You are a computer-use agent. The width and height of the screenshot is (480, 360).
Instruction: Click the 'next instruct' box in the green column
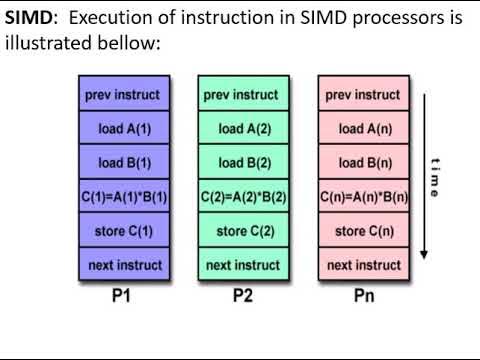pyautogui.click(x=243, y=265)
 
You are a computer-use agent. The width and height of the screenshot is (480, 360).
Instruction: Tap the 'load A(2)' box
pyautogui.click(x=243, y=129)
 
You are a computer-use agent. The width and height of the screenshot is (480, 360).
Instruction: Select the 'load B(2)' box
pyautogui.click(x=243, y=163)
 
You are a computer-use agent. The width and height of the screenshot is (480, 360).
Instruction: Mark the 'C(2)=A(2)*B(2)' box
pyautogui.click(x=243, y=197)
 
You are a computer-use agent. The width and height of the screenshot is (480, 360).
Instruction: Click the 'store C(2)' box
pyautogui.click(x=243, y=231)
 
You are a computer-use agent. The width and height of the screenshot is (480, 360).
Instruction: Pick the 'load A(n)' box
pyautogui.click(x=363, y=129)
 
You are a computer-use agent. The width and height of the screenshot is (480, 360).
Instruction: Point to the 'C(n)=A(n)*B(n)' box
pyautogui.click(x=363, y=197)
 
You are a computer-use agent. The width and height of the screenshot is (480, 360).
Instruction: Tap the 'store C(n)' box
pyautogui.click(x=363, y=231)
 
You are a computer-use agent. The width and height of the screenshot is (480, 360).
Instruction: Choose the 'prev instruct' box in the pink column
pyautogui.click(x=363, y=95)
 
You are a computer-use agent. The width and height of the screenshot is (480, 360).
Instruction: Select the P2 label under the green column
pyautogui.click(x=243, y=296)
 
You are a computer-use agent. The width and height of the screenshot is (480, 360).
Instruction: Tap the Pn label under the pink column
pyautogui.click(x=363, y=296)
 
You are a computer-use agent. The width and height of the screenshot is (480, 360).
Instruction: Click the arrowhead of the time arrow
pyautogui.click(x=424, y=255)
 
